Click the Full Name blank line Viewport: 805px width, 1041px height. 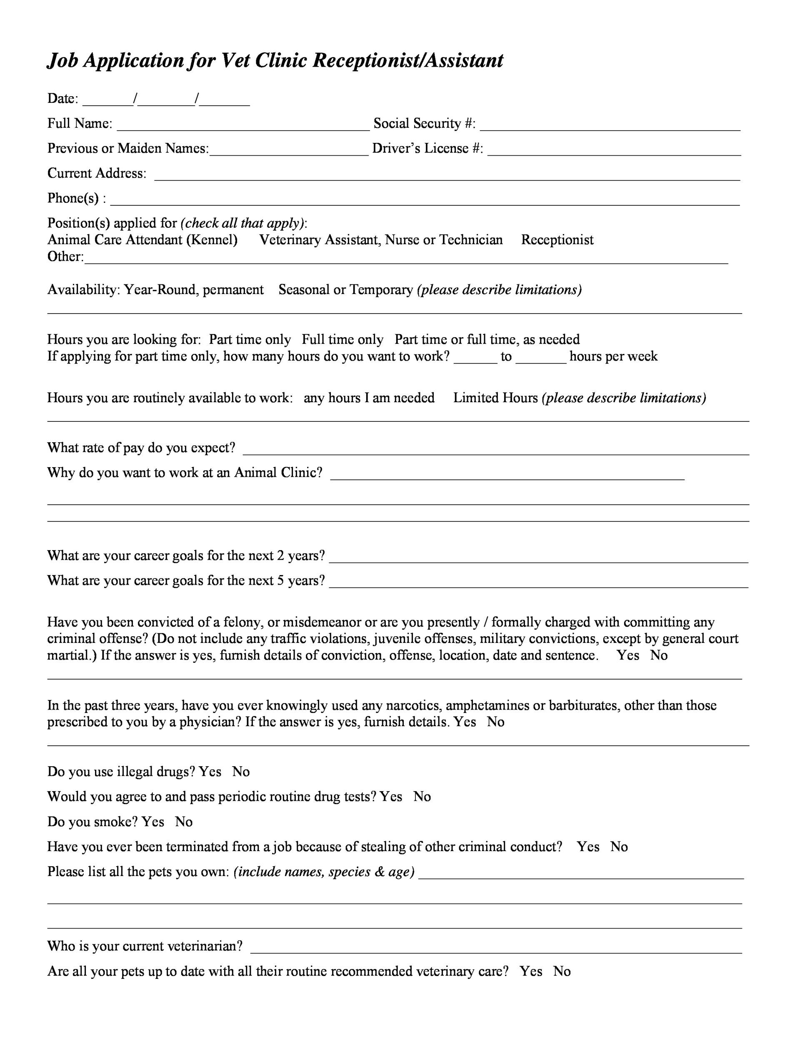(243, 125)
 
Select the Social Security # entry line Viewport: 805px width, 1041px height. (610, 125)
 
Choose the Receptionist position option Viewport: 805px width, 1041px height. (557, 240)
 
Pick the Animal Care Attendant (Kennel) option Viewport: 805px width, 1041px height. (142, 240)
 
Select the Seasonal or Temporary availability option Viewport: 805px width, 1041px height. (345, 290)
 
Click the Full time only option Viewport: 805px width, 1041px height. (342, 339)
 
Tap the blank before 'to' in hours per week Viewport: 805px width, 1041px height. (475, 358)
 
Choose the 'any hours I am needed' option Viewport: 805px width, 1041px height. (369, 398)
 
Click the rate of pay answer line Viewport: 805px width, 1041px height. (496, 449)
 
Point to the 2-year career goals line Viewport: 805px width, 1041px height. (538, 557)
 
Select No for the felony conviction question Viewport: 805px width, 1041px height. (659, 655)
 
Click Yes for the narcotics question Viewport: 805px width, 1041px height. (465, 722)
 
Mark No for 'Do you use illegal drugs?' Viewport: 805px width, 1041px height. (241, 772)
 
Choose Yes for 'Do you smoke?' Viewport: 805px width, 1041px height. (153, 822)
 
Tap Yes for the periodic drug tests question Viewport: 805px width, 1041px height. (391, 797)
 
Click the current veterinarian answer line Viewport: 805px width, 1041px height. (496, 948)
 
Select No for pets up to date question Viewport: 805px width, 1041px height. (562, 971)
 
